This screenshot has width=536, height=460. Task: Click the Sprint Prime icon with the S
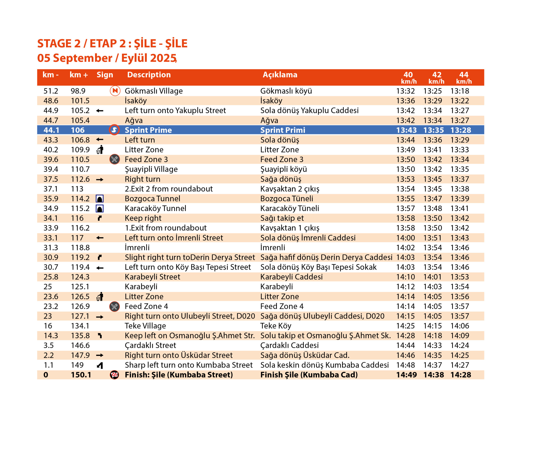(x=114, y=130)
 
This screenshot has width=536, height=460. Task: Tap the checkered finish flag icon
(x=114, y=375)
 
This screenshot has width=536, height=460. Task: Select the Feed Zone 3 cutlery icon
(x=114, y=159)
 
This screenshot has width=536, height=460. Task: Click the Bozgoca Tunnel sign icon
(x=100, y=199)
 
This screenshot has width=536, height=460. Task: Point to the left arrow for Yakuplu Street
(x=100, y=111)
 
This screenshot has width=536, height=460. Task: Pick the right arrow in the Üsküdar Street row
(x=100, y=356)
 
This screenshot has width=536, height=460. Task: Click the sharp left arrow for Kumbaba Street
(x=100, y=365)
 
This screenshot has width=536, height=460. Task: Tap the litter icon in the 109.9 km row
(x=100, y=150)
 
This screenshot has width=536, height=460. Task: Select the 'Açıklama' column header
(x=280, y=75)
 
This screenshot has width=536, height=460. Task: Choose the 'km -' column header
(x=51, y=75)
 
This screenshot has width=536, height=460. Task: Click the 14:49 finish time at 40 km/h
(x=406, y=375)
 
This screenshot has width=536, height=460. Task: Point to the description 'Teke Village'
(x=145, y=326)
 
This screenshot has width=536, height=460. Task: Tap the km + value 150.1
(x=81, y=375)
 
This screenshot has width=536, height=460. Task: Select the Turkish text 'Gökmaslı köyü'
(x=286, y=91)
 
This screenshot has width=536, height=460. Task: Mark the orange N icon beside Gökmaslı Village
(x=115, y=91)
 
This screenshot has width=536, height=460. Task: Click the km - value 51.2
(x=51, y=91)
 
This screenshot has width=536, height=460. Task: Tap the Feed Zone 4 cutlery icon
(x=114, y=307)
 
